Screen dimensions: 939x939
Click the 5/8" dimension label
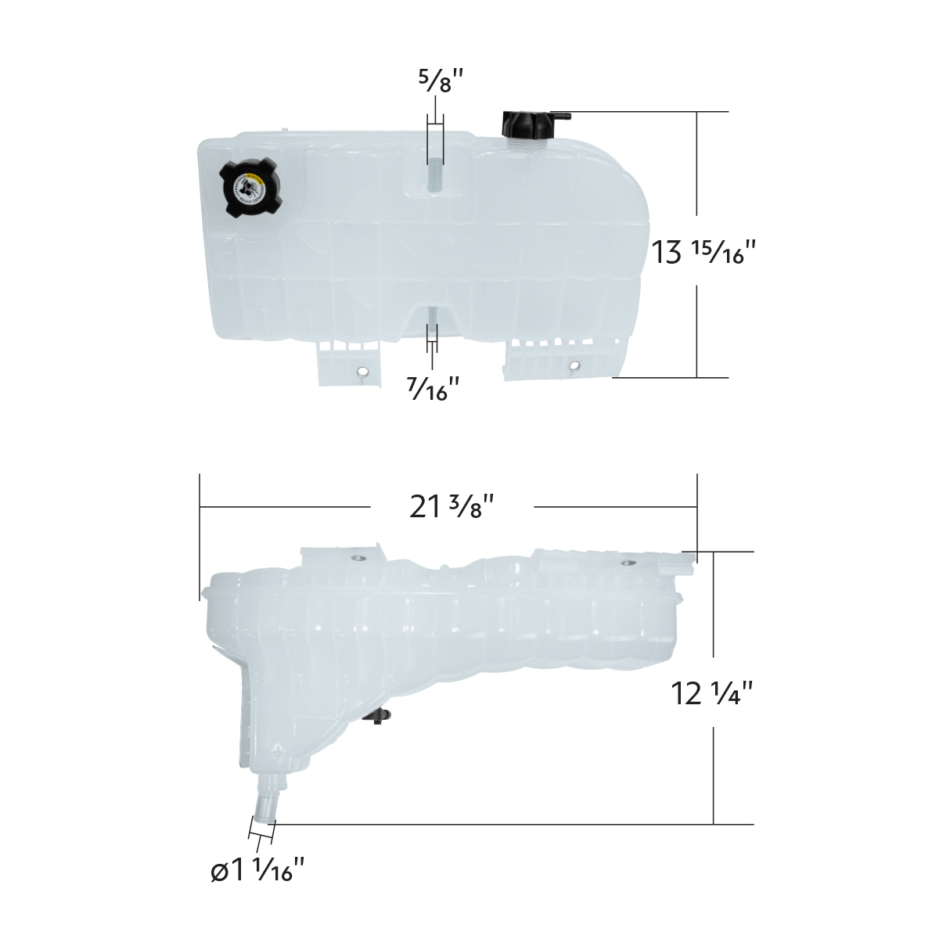tap(436, 81)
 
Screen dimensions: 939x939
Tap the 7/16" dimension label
tap(434, 388)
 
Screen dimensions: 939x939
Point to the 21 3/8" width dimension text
tap(452, 507)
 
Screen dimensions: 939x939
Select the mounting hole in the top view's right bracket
tap(575, 365)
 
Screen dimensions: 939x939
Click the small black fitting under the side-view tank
tap(381, 716)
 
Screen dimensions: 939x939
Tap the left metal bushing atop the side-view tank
tap(359, 558)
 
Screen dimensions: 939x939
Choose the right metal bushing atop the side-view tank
tap(628, 563)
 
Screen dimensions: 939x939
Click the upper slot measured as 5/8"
tap(434, 172)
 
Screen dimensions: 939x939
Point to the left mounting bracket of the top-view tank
tap(347, 365)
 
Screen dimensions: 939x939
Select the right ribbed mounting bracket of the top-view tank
tap(563, 358)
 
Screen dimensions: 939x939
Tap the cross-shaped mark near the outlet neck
tap(277, 754)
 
